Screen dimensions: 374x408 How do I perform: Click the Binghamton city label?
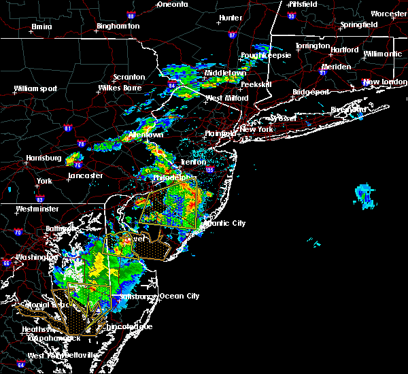(118, 26)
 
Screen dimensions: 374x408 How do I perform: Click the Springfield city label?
(360, 24)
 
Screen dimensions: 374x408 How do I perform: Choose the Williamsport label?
(38, 88)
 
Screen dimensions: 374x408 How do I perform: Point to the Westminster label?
(37, 209)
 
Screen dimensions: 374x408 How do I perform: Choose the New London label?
(380, 82)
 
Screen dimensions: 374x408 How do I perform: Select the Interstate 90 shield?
(291, 15)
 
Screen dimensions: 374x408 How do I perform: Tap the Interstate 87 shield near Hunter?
(233, 34)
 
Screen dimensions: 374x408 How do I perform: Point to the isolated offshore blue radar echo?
(364, 195)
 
